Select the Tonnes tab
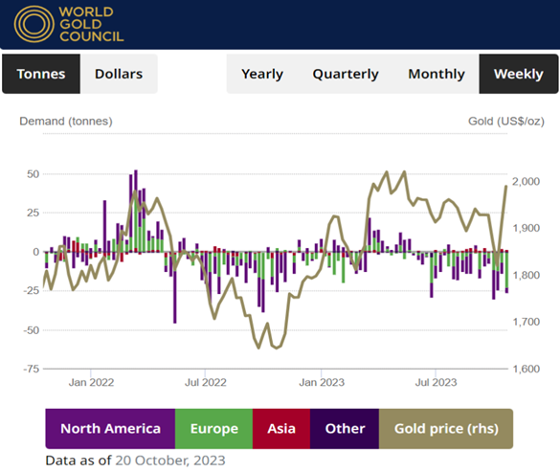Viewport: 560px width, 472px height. pos(41,74)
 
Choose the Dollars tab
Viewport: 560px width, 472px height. pos(119,74)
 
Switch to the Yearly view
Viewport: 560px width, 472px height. pos(262,74)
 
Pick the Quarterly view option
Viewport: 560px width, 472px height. pos(346,74)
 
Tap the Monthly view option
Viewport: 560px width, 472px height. pos(437,74)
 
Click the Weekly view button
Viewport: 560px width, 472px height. pos(518,74)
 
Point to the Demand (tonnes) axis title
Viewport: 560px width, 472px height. pos(64,121)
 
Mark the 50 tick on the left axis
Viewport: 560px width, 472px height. pos(32,174)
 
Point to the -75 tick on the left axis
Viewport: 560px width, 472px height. pos(29,369)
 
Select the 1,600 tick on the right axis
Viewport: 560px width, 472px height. pos(533,369)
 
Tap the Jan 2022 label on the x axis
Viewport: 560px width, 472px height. pos(91,383)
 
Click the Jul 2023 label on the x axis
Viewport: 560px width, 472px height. pos(436,383)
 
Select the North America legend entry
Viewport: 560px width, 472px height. pos(110,429)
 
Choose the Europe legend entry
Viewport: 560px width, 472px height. pos(214,429)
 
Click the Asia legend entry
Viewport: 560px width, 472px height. pos(281,429)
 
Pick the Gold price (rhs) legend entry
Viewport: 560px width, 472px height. pos(446,429)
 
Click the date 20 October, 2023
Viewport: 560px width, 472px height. pos(169,460)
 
